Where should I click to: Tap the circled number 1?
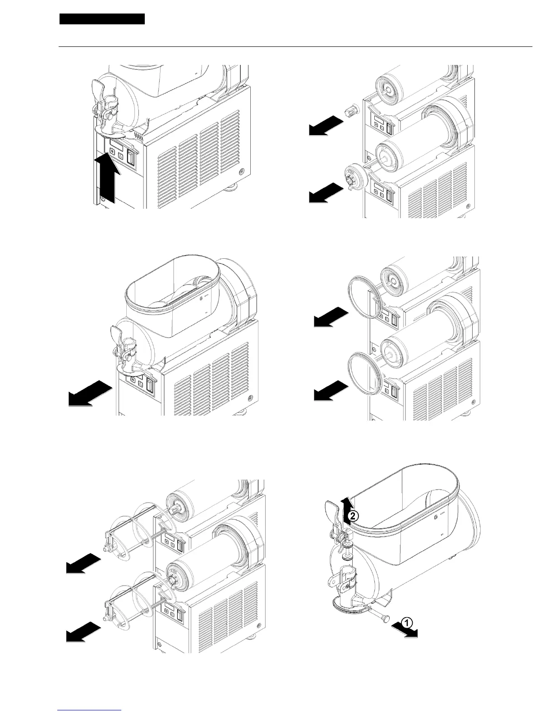406,623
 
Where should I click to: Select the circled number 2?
354,517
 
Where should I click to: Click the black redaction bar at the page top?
102,19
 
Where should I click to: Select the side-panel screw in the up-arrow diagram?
242,172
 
